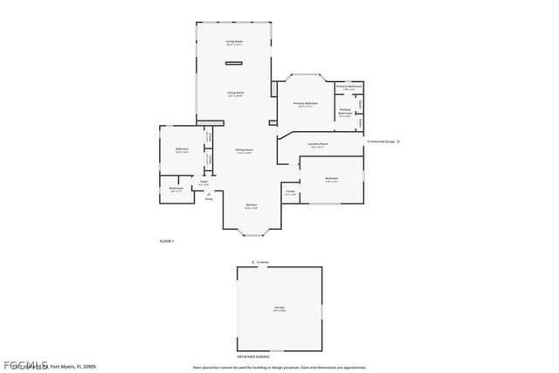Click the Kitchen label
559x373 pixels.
251,205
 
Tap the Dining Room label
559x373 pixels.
245,150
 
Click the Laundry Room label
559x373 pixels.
318,144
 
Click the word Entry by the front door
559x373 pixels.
209,199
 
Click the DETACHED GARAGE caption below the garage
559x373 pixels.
254,356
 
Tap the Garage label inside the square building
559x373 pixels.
279,307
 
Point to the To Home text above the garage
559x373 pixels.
263,261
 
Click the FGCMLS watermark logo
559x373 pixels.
25,363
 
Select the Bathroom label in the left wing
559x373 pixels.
176,188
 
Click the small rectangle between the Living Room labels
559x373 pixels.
233,64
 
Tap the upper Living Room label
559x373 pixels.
234,41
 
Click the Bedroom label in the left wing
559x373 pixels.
182,149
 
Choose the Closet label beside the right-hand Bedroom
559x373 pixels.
290,192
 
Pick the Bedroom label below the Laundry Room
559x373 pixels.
331,179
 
